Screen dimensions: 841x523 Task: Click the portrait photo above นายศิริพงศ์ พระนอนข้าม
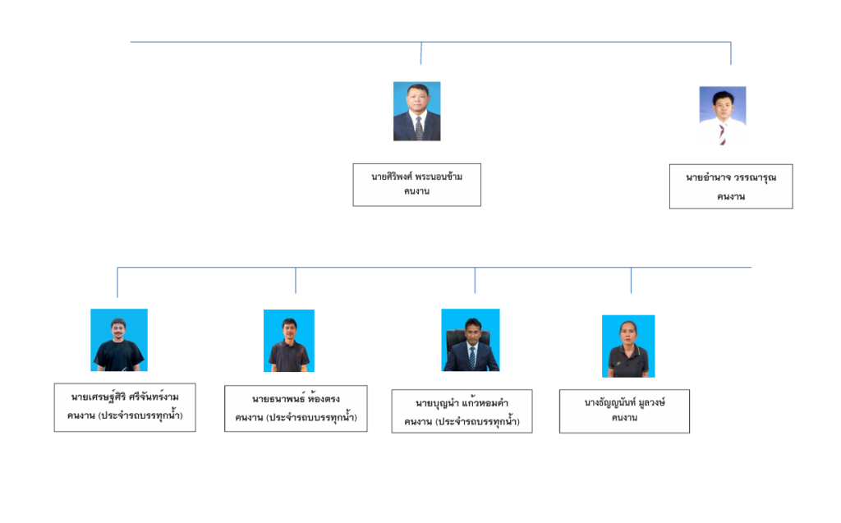tap(416, 111)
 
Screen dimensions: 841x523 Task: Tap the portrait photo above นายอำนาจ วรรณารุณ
tap(723, 116)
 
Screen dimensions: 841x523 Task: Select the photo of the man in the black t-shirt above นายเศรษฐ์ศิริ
tap(119, 340)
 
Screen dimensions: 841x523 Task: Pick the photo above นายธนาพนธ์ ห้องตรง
tap(289, 341)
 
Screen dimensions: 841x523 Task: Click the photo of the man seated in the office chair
tap(471, 340)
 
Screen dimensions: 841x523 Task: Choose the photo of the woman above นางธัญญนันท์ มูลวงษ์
tap(628, 346)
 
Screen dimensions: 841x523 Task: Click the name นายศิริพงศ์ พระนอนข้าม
tap(416, 177)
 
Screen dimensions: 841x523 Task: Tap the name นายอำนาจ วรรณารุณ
tap(731, 177)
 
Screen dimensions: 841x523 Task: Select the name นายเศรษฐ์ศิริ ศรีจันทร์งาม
tap(125, 397)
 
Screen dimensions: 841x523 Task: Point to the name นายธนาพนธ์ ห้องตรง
tap(296, 398)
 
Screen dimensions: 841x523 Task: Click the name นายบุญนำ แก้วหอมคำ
tap(462, 403)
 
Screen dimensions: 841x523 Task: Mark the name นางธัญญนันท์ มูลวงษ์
tap(625, 402)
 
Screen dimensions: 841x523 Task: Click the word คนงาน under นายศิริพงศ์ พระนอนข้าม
tap(416, 191)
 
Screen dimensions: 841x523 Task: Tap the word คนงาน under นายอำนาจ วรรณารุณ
tap(731, 197)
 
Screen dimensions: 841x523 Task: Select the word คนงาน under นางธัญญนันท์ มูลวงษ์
tap(625, 417)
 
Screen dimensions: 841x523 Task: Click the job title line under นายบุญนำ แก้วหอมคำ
tap(462, 421)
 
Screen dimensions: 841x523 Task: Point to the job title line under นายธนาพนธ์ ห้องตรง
tap(296, 417)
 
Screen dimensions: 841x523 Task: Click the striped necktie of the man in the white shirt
tap(723, 134)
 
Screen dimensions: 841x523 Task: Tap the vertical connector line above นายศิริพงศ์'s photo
tap(421, 53)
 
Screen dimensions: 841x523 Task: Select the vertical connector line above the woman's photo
tap(631, 280)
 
